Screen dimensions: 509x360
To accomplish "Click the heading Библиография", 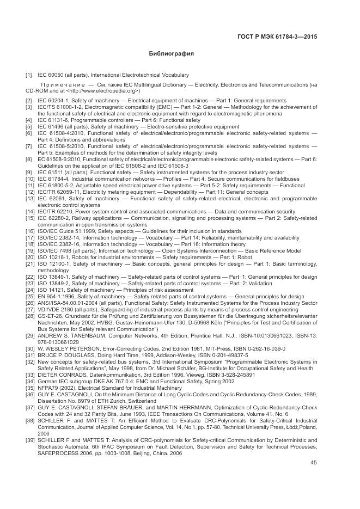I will (x=172, y=54).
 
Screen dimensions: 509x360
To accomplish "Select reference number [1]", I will (x=28, y=75).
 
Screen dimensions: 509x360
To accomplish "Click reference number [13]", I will (x=29, y=199).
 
